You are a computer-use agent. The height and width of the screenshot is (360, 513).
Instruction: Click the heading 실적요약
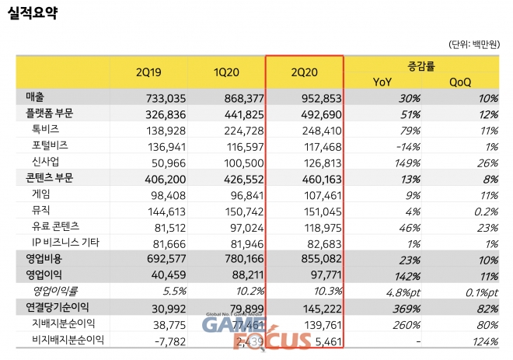pos(32,13)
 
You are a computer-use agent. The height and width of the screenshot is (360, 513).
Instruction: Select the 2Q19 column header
pos(148,73)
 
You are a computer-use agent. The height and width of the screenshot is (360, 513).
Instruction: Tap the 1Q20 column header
pos(227,73)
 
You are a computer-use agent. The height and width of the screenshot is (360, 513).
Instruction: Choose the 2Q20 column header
pos(304,73)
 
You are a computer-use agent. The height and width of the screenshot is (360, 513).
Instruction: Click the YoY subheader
pos(382,82)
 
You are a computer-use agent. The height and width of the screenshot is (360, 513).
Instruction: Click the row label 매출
pos(34,98)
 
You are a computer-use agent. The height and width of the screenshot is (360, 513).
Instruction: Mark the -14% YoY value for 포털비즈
pos(409,145)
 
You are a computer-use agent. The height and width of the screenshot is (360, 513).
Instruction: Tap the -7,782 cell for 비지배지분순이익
pos(169,339)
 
